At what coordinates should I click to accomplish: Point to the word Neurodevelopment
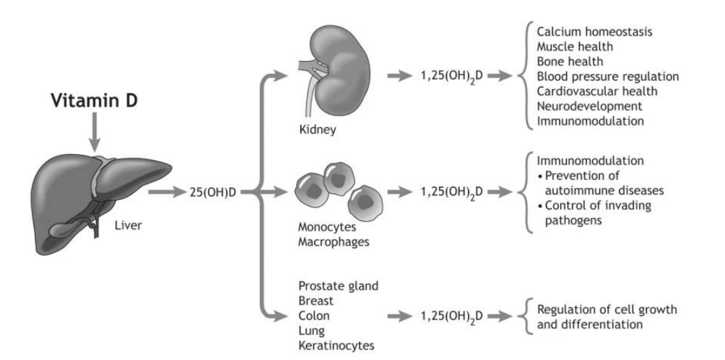click(589, 107)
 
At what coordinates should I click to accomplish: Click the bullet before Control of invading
click(541, 206)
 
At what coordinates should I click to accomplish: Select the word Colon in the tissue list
click(314, 316)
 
